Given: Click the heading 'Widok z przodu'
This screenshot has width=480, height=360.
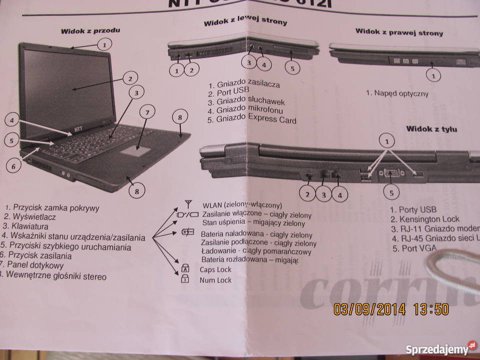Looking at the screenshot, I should coord(90,30).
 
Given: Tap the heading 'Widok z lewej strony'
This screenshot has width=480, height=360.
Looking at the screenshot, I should coord(245,22).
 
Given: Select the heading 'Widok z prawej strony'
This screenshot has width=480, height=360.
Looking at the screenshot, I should coord(399,32).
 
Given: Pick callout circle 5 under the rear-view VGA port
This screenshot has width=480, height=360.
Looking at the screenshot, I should coord(391,191).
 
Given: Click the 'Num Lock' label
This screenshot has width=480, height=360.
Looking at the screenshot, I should coord(215,280).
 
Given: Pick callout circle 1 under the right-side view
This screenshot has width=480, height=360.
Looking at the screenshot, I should coord(433,75).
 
